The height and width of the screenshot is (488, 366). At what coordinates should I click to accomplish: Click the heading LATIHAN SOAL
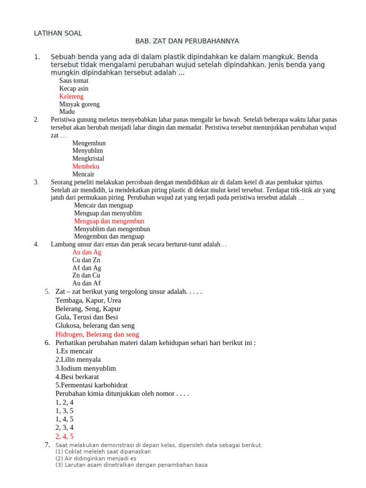58,33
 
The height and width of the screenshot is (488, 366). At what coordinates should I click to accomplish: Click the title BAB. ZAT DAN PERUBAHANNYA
187,41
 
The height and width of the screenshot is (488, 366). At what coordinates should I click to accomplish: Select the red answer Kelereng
71,96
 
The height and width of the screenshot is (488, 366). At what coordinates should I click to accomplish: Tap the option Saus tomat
74,81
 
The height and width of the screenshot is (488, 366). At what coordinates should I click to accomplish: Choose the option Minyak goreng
80,104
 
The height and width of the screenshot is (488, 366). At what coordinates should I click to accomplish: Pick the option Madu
67,112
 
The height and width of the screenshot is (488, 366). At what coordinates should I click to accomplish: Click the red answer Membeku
86,166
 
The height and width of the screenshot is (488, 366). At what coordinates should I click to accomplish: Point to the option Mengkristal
88,159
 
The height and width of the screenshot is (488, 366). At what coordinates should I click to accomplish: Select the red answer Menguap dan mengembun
109,221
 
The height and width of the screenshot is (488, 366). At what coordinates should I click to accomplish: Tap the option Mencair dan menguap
103,205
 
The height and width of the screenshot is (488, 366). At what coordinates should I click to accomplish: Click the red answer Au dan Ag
87,252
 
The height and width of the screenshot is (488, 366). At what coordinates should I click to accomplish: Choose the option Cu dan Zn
86,260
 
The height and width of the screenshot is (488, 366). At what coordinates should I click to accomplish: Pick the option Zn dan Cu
86,275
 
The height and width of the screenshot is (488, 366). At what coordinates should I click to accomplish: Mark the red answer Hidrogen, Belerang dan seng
97,335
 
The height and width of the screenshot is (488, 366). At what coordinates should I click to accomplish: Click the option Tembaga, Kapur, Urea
88,301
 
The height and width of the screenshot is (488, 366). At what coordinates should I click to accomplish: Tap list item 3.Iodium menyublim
86,368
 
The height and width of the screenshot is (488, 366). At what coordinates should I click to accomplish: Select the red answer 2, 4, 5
64,436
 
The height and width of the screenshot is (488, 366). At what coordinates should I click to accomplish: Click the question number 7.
47,445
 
